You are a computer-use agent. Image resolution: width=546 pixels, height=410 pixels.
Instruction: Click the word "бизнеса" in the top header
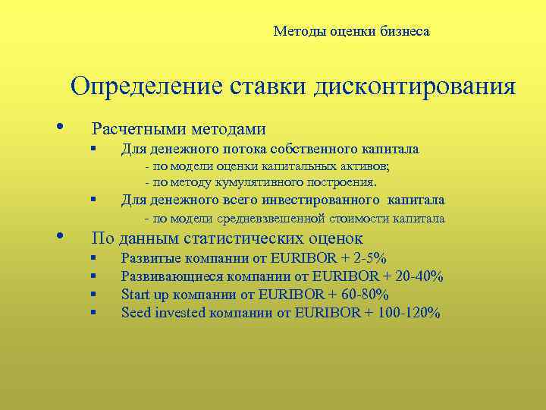[402, 32]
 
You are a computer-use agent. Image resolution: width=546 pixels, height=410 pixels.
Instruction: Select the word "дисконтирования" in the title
[413, 86]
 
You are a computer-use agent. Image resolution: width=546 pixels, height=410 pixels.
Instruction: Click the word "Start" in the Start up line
[136, 295]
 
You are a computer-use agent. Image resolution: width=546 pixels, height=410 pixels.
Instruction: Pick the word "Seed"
[136, 313]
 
